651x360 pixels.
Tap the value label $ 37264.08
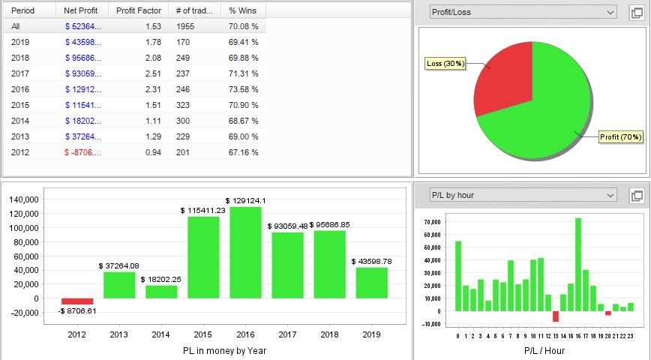(118, 266)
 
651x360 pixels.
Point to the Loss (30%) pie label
(445, 64)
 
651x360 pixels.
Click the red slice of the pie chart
(498, 82)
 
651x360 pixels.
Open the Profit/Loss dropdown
(522, 12)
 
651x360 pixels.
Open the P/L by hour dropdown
(522, 196)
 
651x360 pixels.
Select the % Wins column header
(243, 11)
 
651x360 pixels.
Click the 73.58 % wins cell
(243, 89)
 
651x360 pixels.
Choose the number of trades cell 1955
(187, 26)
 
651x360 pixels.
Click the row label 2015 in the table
(21, 105)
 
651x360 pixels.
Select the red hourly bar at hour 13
(556, 316)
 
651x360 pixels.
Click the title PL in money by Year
(225, 350)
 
